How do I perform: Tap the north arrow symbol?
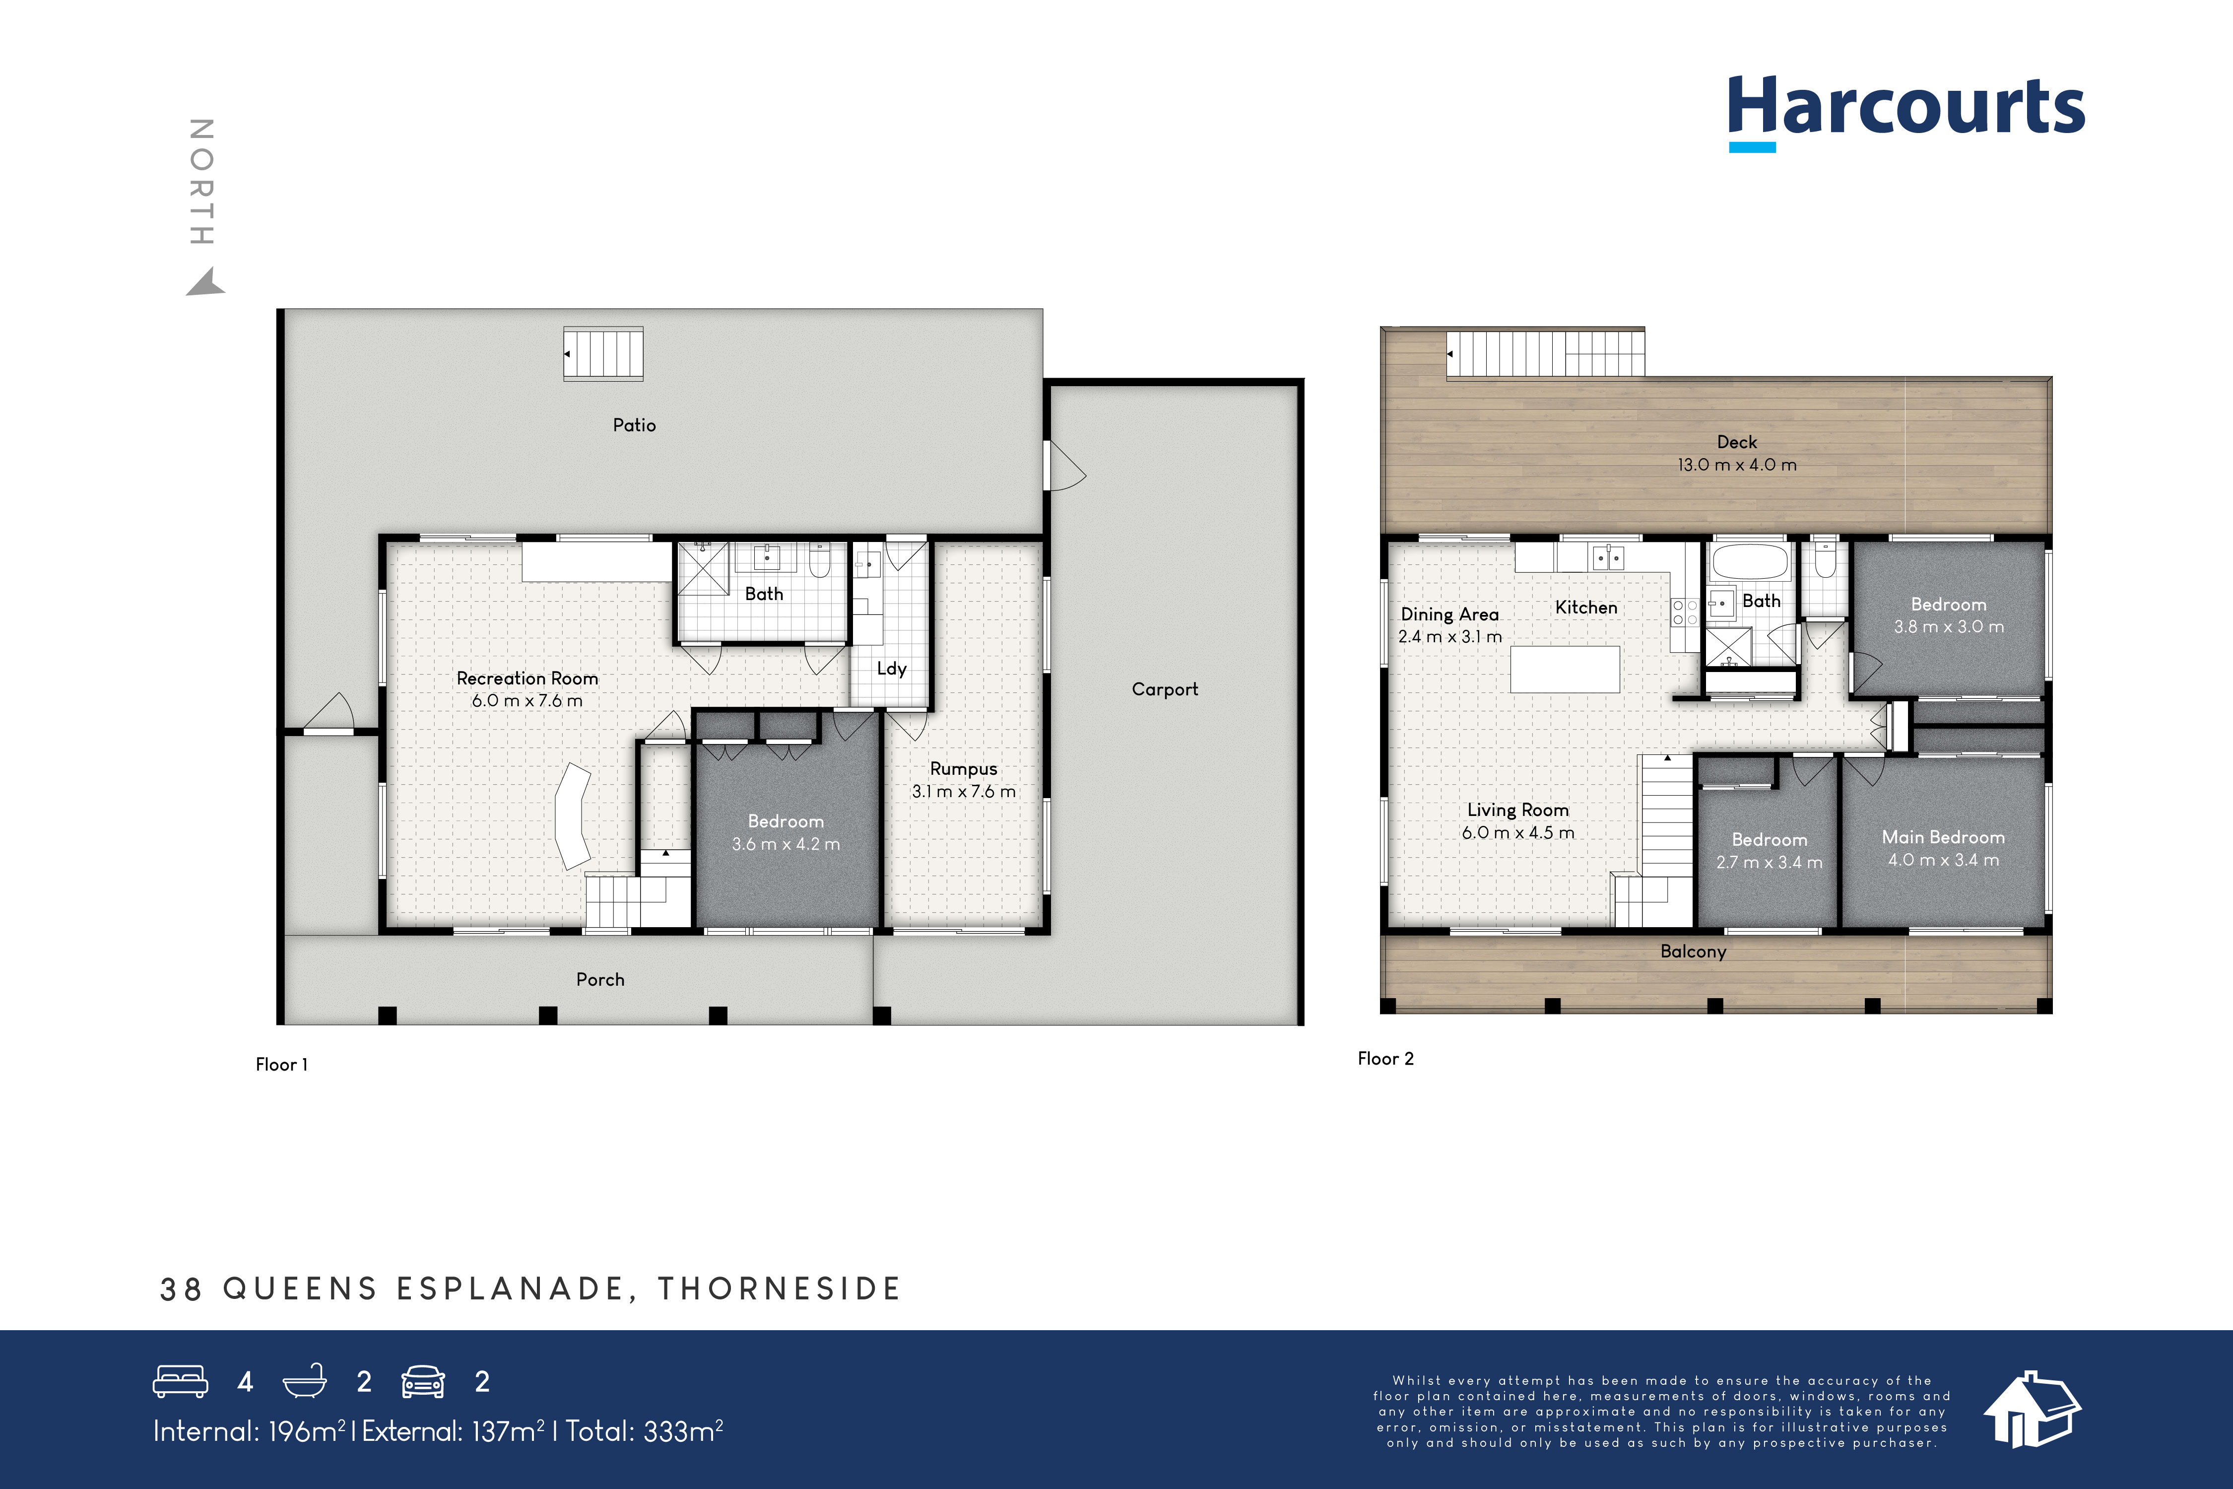coord(205,283)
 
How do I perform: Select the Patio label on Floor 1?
coord(634,425)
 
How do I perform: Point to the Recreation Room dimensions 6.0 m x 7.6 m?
coord(527,701)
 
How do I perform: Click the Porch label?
coord(600,980)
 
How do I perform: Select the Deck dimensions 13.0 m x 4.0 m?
coord(1736,466)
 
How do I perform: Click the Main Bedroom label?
coord(1943,838)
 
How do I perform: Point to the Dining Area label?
coord(1449,614)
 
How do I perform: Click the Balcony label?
coord(1693,951)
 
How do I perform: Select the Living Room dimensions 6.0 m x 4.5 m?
coord(1517,833)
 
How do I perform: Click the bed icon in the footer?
coord(181,1382)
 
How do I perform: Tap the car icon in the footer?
coord(422,1382)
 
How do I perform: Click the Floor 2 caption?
coord(1385,1059)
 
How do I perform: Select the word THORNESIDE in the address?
coord(780,1288)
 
